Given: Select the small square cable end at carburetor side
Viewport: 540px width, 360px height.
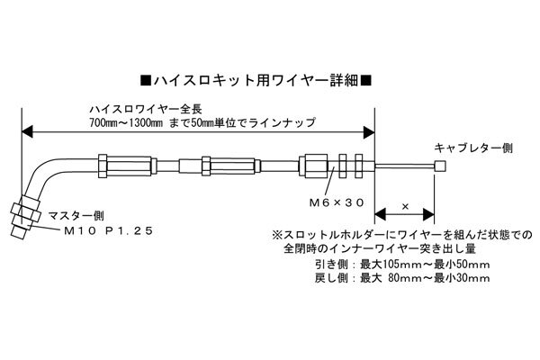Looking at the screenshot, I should (x=439, y=166).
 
